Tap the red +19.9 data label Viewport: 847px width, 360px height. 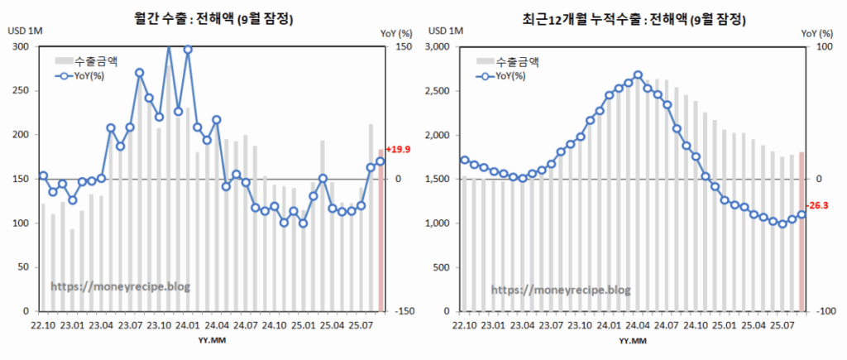coord(399,150)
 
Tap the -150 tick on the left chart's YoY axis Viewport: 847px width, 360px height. coord(403,312)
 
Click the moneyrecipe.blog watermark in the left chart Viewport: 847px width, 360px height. coord(120,286)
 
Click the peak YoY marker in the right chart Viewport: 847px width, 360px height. coord(638,75)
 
